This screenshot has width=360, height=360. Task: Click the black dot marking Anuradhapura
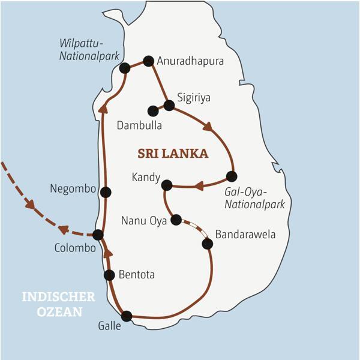tap(149, 61)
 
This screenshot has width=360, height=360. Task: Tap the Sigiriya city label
tap(194, 97)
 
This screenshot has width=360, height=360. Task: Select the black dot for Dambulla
tap(153, 111)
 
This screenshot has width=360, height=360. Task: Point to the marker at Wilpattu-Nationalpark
tap(125, 68)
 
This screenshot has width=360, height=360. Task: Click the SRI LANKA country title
tap(173, 154)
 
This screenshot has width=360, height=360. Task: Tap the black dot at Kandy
tap(167, 185)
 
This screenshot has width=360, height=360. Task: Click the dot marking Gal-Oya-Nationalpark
tap(232, 176)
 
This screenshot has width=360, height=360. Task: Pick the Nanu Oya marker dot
tap(176, 220)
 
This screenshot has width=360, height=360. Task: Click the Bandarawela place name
tap(245, 234)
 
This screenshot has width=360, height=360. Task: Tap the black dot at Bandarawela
tap(208, 244)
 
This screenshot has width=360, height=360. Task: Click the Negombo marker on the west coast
tap(106, 193)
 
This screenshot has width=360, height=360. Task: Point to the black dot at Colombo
tap(98, 235)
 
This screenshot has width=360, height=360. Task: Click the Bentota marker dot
tap(109, 275)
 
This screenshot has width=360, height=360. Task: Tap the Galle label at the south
tap(109, 326)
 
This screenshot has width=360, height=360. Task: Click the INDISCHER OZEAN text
tap(58, 304)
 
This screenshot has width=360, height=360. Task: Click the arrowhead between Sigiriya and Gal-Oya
tap(208, 127)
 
